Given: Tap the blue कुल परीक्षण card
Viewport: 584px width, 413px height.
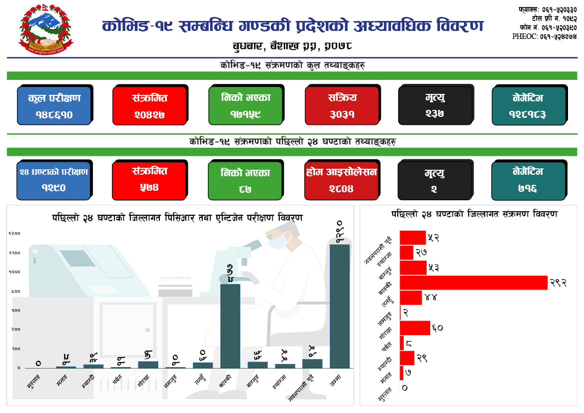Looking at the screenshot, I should (x=54, y=106).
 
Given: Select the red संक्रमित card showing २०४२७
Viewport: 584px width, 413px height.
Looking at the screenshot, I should (x=149, y=106).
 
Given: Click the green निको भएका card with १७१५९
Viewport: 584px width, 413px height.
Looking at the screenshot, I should (x=245, y=106).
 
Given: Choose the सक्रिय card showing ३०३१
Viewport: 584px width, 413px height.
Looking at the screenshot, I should (x=342, y=106).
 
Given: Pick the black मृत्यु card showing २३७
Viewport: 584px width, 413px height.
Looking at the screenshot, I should (x=435, y=106).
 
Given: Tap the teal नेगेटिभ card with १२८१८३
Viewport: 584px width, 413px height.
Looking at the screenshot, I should (x=529, y=106).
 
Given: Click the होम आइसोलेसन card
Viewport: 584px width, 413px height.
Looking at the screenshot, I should (x=342, y=180).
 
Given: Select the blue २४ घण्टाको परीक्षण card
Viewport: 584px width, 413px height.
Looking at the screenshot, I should (x=54, y=180).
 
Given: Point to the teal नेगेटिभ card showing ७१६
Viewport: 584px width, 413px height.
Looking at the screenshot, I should (x=529, y=180).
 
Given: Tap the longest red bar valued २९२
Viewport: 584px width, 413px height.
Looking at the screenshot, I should (x=474, y=283).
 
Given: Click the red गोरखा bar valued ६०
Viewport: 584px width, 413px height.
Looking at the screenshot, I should (x=415, y=328).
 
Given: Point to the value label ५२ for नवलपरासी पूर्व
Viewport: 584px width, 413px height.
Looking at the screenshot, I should (x=433, y=238).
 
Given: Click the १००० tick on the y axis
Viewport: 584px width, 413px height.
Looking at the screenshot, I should (x=14, y=272).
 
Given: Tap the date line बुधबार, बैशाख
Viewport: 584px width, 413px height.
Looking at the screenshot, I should (x=292, y=46).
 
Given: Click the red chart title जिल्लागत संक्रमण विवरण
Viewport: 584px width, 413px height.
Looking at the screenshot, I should (x=475, y=214).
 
